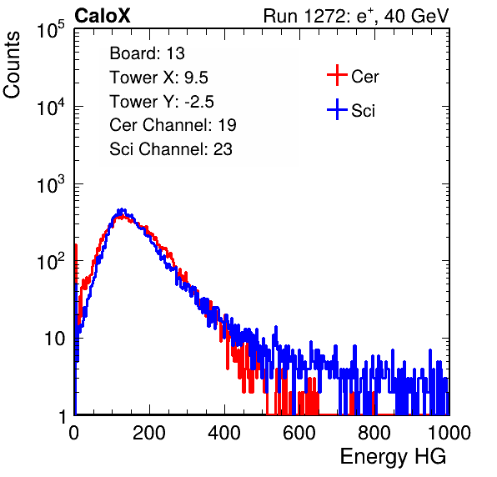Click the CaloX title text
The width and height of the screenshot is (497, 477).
pyautogui.click(x=102, y=16)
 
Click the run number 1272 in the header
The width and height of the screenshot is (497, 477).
pyautogui.click(x=324, y=16)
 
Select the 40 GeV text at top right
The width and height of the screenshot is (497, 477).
pyautogui.click(x=416, y=16)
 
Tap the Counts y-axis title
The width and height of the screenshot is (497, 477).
pyautogui.click(x=12, y=64)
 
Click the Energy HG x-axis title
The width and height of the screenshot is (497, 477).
pyautogui.click(x=393, y=457)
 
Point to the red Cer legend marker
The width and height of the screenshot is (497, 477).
pyautogui.click(x=337, y=75)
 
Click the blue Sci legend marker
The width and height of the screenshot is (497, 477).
pyautogui.click(x=337, y=109)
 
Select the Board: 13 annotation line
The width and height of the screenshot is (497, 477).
pyautogui.click(x=147, y=53)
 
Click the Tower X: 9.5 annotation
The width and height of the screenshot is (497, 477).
pyautogui.click(x=158, y=78)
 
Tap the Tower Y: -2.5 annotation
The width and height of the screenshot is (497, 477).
pyautogui.click(x=162, y=102)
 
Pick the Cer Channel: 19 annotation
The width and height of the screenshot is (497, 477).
pyautogui.click(x=173, y=125)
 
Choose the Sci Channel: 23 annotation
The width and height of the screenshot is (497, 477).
pyautogui.click(x=171, y=149)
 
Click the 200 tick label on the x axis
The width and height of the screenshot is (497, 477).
pyautogui.click(x=149, y=433)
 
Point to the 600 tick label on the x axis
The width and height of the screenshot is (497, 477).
pyautogui.click(x=299, y=433)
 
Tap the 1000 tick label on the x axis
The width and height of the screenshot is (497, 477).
pyautogui.click(x=449, y=433)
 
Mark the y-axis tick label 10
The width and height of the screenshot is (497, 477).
pyautogui.click(x=55, y=339)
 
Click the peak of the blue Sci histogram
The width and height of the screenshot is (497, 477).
pyautogui.click(x=122, y=209)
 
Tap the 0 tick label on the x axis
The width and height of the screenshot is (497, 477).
pyautogui.click(x=74, y=433)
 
